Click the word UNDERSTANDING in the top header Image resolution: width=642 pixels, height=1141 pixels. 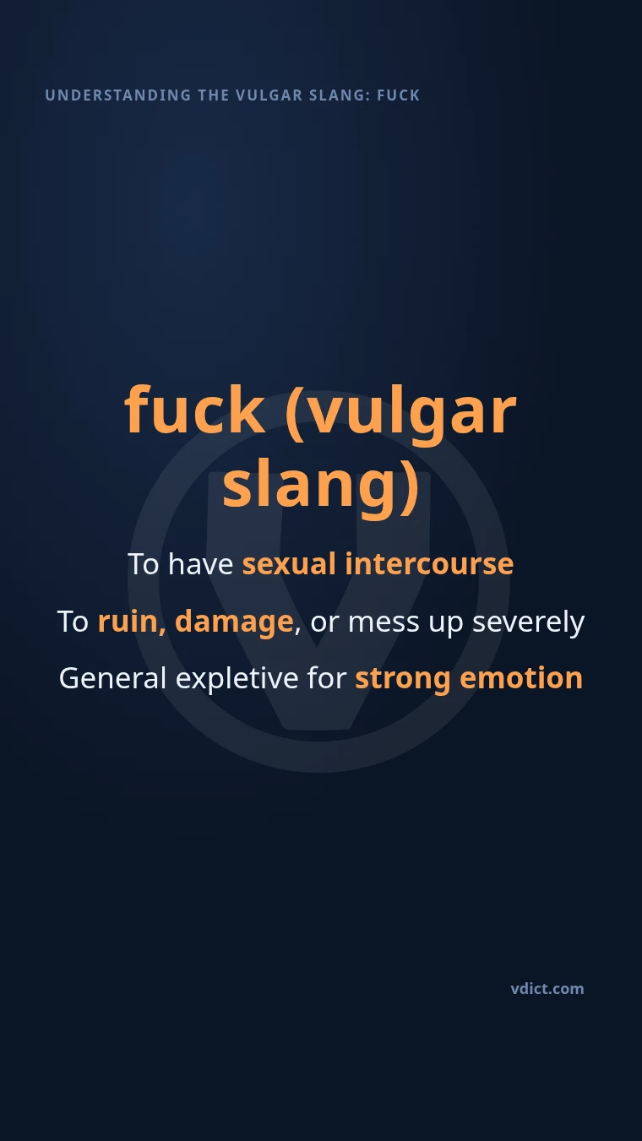pos(118,95)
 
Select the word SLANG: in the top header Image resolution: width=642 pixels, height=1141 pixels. pos(340,95)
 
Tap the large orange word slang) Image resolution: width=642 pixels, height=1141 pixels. pos(321,487)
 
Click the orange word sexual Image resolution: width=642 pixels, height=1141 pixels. pos(289,564)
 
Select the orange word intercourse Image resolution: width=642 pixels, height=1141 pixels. pos(429,564)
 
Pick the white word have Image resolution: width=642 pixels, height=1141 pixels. pos(201,564)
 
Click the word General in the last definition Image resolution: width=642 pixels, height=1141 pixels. pos(112,678)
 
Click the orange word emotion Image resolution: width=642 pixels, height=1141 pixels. pos(521,678)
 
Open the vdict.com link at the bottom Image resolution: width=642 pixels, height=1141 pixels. pos(547,989)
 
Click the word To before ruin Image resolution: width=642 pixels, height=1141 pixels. pos(73,622)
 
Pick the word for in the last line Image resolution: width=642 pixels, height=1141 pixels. pos(327,678)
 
